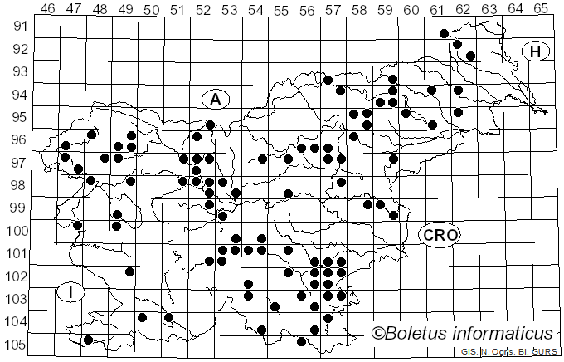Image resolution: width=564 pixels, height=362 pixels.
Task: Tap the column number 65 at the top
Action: coord(541,7)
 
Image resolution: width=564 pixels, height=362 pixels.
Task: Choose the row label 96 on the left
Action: coord(18,139)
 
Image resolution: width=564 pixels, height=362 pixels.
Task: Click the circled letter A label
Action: coord(215,99)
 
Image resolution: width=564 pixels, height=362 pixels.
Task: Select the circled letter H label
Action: coord(536,52)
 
